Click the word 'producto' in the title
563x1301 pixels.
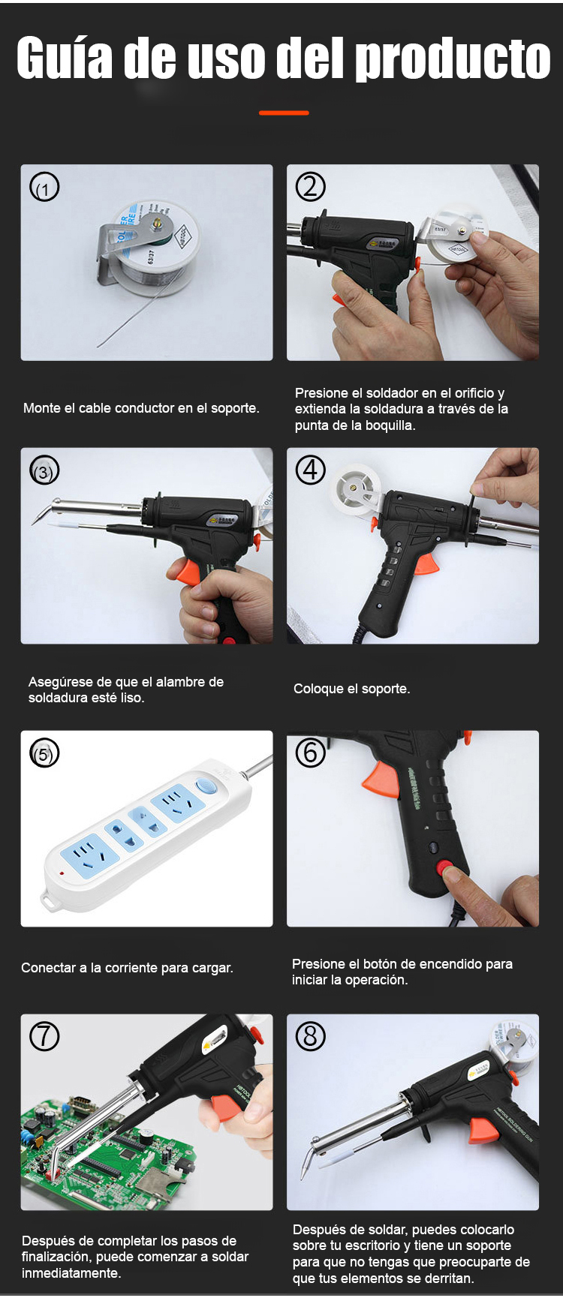[453, 59]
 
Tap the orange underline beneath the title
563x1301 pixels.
[284, 113]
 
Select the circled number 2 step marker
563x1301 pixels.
[310, 186]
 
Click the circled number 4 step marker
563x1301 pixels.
[310, 470]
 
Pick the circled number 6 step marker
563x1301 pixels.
[310, 753]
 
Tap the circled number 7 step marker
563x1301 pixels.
[44, 1036]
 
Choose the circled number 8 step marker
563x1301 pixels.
[310, 1036]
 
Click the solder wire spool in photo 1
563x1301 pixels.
[157, 245]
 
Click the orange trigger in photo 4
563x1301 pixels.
[426, 562]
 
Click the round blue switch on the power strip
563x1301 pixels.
[206, 787]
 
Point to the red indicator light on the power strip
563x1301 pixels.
[62, 873]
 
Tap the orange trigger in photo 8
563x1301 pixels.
[481, 1130]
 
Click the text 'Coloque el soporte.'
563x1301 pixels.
[351, 689]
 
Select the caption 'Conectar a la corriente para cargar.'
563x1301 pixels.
[127, 968]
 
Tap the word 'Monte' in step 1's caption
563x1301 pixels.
[42, 408]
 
